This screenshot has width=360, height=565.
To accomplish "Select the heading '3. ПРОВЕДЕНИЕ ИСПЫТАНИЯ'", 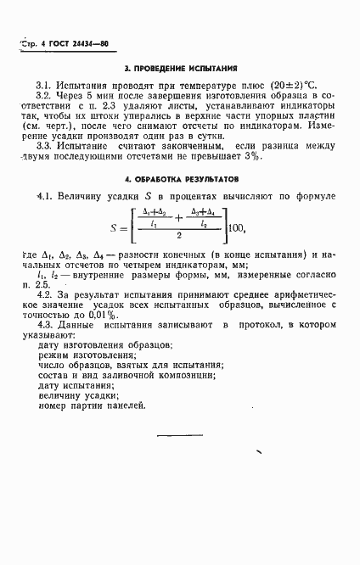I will [x=180, y=68].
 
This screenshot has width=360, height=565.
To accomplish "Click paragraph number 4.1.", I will [x=46, y=198].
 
